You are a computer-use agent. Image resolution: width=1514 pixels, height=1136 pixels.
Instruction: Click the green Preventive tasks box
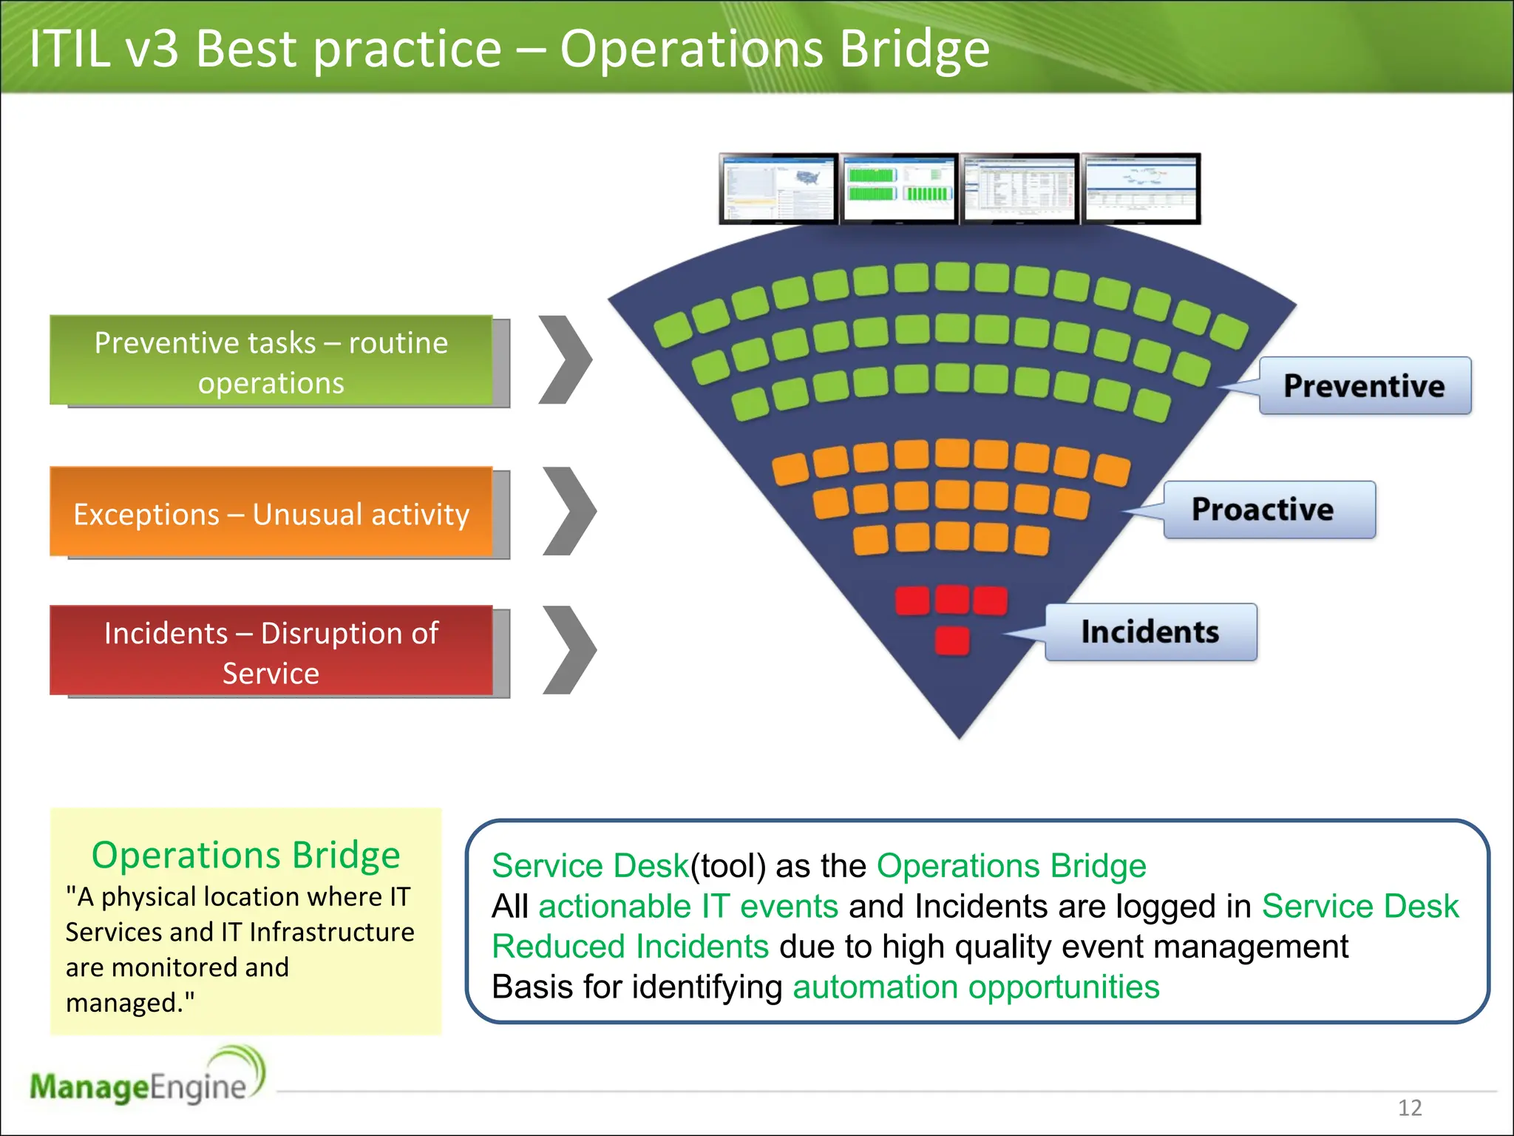pyautogui.click(x=271, y=361)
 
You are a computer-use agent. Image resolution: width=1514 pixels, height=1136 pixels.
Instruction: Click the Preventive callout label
pyautogui.click(x=1364, y=386)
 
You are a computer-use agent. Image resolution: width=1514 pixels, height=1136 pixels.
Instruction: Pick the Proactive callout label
pyautogui.click(x=1269, y=510)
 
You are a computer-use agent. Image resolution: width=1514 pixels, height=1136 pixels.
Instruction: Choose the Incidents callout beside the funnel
pyautogui.click(x=1150, y=632)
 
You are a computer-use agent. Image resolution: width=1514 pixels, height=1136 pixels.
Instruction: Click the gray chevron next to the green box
pyautogui.click(x=566, y=360)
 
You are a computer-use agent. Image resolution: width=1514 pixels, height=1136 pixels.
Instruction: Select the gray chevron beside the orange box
pyautogui.click(x=569, y=511)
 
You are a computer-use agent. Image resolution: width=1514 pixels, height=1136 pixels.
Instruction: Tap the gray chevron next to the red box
pyautogui.click(x=569, y=650)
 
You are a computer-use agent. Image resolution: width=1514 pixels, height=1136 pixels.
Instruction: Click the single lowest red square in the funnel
pyautogui.click(x=952, y=640)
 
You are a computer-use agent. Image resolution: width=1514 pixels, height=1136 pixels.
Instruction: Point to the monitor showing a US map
pyautogui.click(x=778, y=189)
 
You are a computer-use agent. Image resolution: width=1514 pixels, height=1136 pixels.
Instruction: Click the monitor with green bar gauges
pyautogui.click(x=900, y=189)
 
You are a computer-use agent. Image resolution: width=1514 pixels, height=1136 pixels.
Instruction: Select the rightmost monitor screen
pyautogui.click(x=1141, y=189)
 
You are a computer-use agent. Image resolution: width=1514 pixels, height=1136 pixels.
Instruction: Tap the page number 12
pyautogui.click(x=1410, y=1107)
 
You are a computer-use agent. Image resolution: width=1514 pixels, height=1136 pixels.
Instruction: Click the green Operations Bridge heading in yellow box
pyautogui.click(x=245, y=855)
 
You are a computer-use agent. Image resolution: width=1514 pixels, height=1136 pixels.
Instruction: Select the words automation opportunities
pyautogui.click(x=976, y=987)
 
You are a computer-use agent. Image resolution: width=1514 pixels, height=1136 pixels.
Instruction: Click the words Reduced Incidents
pyautogui.click(x=631, y=947)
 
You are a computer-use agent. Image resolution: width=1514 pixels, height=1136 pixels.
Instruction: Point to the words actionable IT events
pyautogui.click(x=688, y=907)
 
